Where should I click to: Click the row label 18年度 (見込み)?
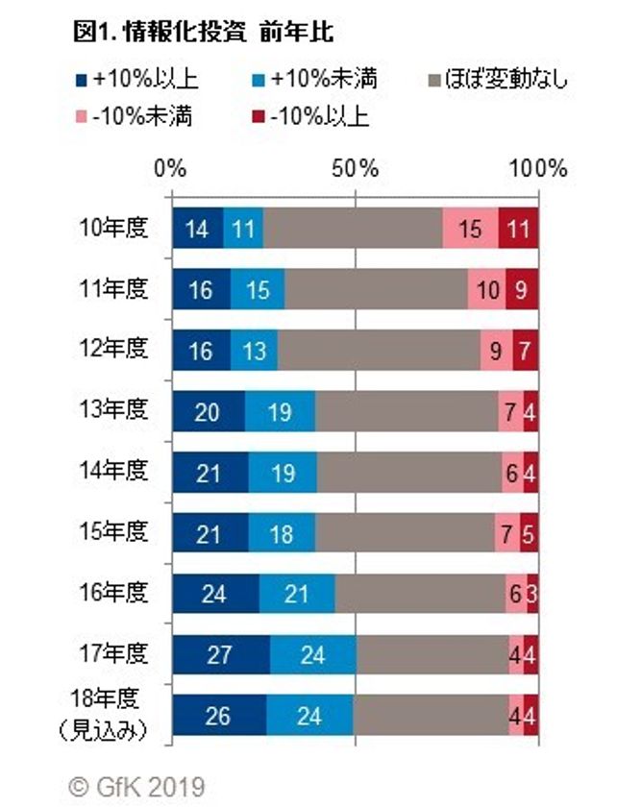click(x=113, y=713)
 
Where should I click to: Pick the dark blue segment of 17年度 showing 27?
click(x=220, y=655)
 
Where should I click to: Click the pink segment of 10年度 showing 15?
click(x=470, y=228)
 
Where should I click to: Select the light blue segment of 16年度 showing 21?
click(x=296, y=595)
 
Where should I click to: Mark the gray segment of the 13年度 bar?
click(x=406, y=411)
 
